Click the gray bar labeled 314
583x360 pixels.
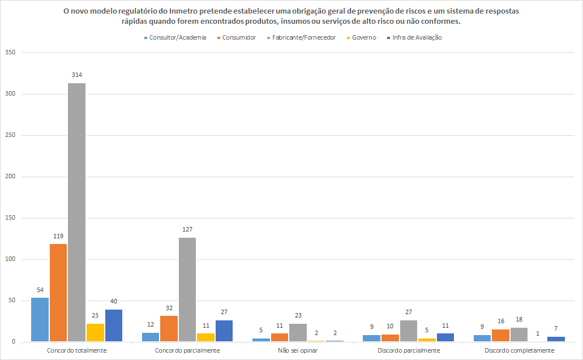coord(76,212)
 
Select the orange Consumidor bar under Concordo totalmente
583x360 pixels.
coord(58,293)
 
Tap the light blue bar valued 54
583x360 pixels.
coord(40,319)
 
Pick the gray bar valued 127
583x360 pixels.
coord(187,289)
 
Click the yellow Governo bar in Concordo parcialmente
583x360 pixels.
coord(205,337)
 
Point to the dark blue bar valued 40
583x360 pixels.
coord(113,325)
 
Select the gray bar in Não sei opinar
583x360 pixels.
coord(298,332)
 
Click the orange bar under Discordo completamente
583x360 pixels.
coord(500,335)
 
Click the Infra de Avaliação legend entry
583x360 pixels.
coord(417,37)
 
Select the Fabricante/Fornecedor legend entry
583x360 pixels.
coord(303,37)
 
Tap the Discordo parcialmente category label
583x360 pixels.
coord(409,350)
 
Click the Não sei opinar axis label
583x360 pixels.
coord(298,350)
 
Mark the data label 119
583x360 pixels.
coord(58,236)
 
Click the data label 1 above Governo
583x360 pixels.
coord(537,333)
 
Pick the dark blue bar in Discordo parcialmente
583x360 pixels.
coord(445,337)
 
